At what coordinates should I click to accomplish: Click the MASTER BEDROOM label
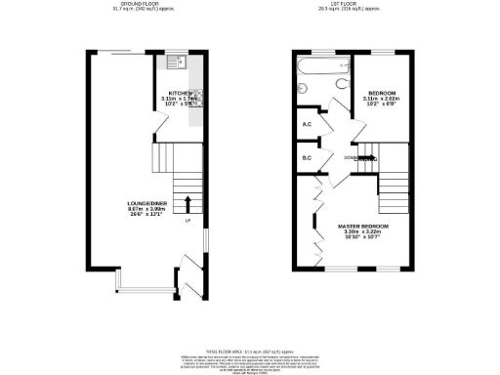pyautogui.click(x=364, y=227)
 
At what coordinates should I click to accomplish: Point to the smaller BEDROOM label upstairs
pyautogui.click(x=382, y=93)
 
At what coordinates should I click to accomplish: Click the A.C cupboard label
pyautogui.click(x=306, y=124)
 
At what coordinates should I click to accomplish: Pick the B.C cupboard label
pyautogui.click(x=306, y=158)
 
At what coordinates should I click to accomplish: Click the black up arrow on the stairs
pyautogui.click(x=188, y=200)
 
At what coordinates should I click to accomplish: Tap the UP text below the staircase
pyautogui.click(x=187, y=220)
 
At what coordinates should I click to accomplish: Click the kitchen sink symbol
pyautogui.click(x=182, y=62)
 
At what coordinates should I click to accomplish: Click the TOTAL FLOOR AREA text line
pyautogui.click(x=249, y=350)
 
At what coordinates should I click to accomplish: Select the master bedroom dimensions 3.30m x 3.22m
pyautogui.click(x=364, y=232)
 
